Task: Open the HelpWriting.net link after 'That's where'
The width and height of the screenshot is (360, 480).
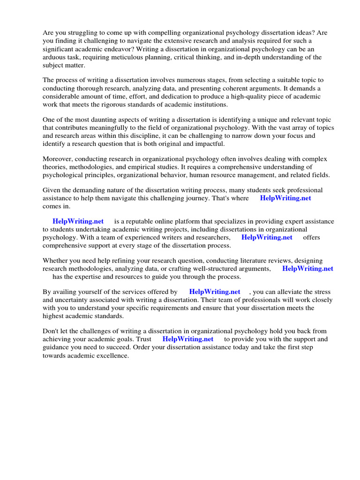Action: click(285, 198)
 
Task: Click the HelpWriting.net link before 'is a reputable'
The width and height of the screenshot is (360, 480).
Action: click(78, 221)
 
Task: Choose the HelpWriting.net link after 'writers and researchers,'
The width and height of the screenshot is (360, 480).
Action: click(267, 237)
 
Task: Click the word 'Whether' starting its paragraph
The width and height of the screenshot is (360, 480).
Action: click(56, 261)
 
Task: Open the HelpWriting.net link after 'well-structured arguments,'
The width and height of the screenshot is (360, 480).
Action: click(307, 269)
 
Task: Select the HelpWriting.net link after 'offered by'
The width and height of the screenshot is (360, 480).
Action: click(215, 292)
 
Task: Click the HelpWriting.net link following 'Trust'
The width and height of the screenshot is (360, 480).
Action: click(188, 339)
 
